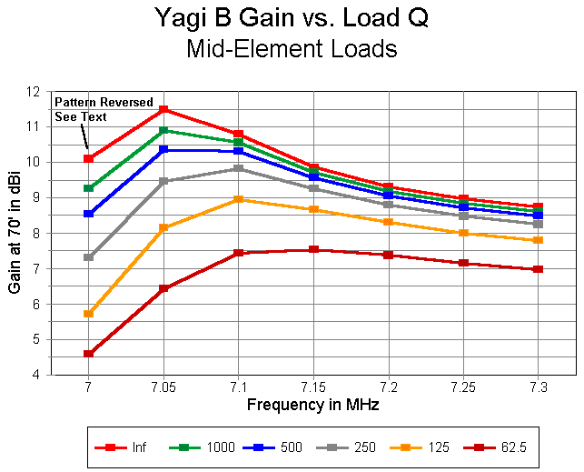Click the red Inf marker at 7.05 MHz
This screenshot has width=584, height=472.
coord(163,110)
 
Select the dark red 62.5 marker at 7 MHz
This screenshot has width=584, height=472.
coord(88,354)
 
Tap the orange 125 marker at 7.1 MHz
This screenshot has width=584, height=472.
coord(238,199)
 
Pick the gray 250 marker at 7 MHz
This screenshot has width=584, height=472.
coord(88,257)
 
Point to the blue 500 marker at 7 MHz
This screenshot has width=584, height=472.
coord(88,214)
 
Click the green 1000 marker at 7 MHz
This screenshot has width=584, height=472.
coord(88,188)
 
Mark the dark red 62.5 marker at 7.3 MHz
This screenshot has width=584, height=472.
coord(538,269)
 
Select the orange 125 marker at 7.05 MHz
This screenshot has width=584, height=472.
coord(163,227)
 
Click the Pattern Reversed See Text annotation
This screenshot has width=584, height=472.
coord(103,109)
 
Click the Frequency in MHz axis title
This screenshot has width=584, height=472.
coord(313,406)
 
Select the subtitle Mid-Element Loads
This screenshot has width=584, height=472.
coord(291,50)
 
